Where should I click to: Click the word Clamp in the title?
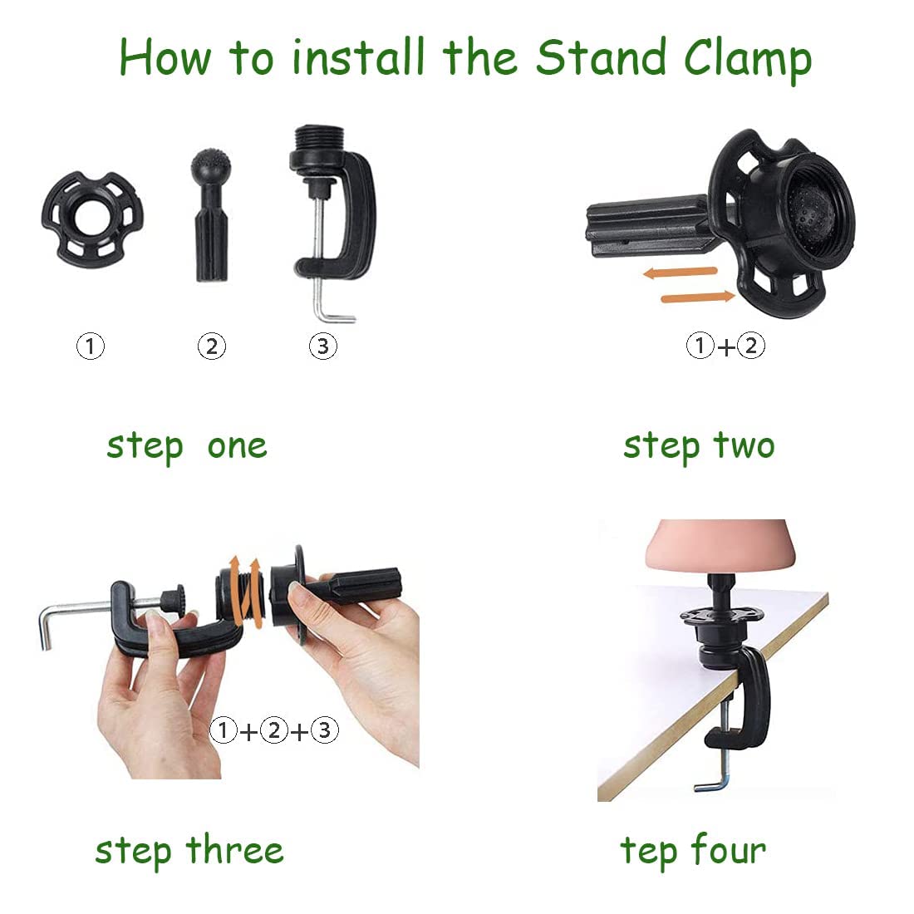747,60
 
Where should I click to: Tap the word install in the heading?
358,57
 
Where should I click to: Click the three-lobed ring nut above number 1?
92,219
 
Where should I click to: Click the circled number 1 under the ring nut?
91,346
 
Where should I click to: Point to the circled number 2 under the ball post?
212,346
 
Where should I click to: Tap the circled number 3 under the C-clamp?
323,346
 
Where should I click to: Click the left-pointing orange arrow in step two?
680,273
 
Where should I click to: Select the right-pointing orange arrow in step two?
698,297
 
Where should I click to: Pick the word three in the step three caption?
235,850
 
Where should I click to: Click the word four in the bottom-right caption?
730,850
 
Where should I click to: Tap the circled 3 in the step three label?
325,730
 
